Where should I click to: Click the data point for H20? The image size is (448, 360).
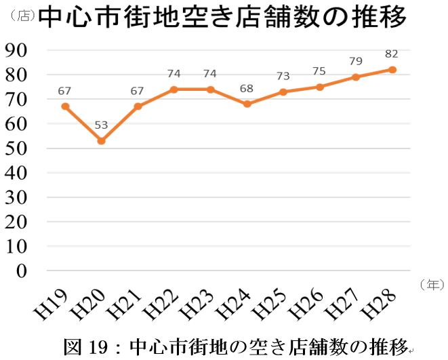tap(102, 141)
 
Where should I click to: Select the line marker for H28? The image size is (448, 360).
tap(392, 70)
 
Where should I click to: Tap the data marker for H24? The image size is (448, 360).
tap(247, 104)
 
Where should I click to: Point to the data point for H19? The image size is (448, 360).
tap(65, 106)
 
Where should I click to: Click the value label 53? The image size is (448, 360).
tap(102, 125)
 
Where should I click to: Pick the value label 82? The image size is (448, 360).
tap(392, 54)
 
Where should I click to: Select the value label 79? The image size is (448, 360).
tap(355, 62)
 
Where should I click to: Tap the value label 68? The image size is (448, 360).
tap(247, 89)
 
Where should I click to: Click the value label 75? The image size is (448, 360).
tap(319, 71)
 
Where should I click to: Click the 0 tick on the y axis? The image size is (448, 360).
tap(22, 271)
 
